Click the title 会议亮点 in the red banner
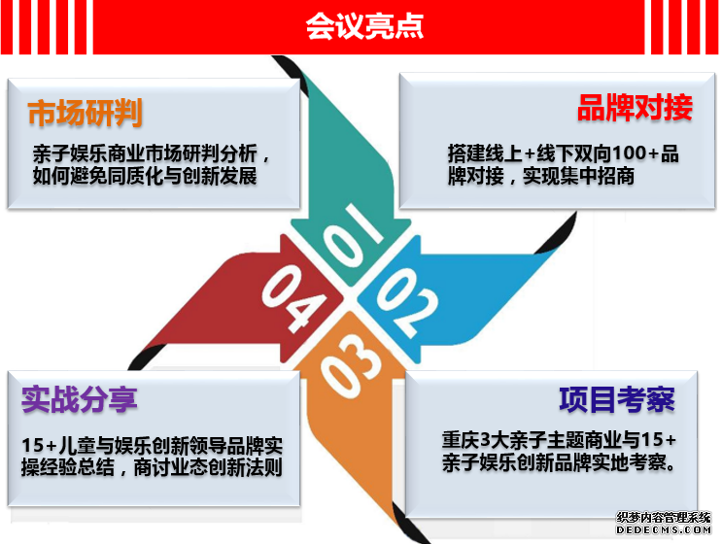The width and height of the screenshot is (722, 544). coord(364,26)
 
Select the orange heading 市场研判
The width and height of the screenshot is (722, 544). coord(85,113)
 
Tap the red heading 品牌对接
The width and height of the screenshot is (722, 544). coord(635,108)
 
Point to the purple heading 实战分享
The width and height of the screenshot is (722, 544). coord(80,399)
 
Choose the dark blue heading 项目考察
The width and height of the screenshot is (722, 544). coord(617,399)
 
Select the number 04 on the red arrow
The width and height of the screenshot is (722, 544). coord(293,298)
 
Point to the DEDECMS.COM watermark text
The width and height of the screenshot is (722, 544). coord(664,530)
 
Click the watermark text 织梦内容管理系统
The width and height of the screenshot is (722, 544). coord(664,518)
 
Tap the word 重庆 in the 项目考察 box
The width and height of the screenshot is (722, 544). coord(461,440)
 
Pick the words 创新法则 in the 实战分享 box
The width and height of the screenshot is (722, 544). coord(245,467)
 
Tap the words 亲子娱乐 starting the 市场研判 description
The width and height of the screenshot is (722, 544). coord(70,153)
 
